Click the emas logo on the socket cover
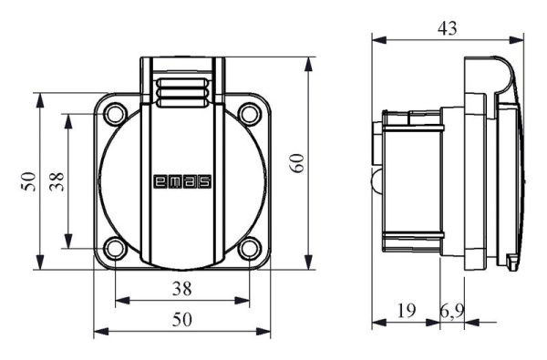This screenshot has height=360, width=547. (x=182, y=181)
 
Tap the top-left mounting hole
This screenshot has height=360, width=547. (x=115, y=114)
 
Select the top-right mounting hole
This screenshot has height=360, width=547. (x=250, y=114)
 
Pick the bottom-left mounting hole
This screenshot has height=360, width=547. (x=115, y=249)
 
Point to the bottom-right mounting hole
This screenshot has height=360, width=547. (x=250, y=249)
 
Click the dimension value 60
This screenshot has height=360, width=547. (x=297, y=163)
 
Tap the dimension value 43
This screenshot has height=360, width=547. (x=448, y=28)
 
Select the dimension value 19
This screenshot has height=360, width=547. (x=407, y=310)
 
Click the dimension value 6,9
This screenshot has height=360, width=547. (x=452, y=311)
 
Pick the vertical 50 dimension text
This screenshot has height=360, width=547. (x=28, y=181)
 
